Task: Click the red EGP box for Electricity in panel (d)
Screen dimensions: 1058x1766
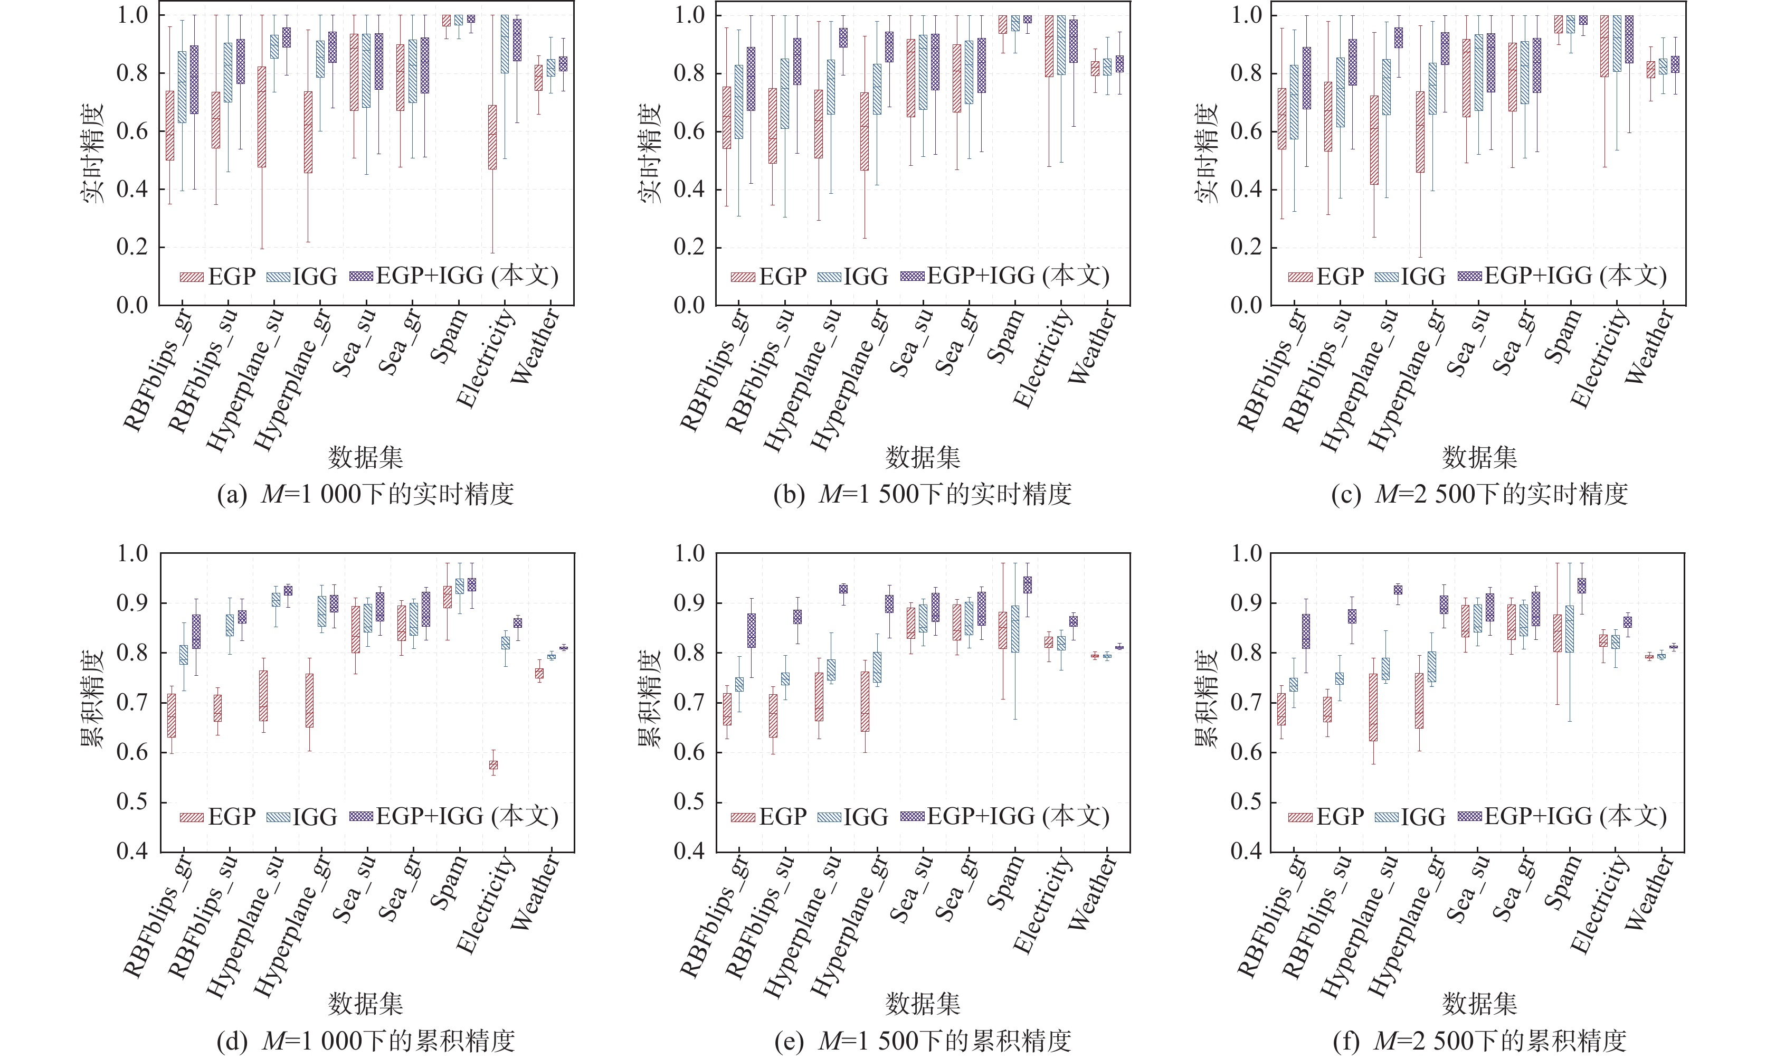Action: tap(493, 765)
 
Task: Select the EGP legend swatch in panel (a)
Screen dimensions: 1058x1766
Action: tap(192, 277)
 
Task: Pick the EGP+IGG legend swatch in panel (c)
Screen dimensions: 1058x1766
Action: tap(1469, 277)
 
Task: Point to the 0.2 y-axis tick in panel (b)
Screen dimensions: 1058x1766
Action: tap(689, 248)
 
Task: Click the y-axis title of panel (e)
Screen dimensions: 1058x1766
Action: tap(650, 698)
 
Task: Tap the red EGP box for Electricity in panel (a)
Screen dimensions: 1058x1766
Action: tap(492, 137)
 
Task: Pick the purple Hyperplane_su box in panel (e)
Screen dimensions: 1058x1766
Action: tap(843, 589)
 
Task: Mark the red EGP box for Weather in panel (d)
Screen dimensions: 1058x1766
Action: tap(539, 673)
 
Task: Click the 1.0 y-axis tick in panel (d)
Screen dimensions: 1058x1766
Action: tap(132, 553)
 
